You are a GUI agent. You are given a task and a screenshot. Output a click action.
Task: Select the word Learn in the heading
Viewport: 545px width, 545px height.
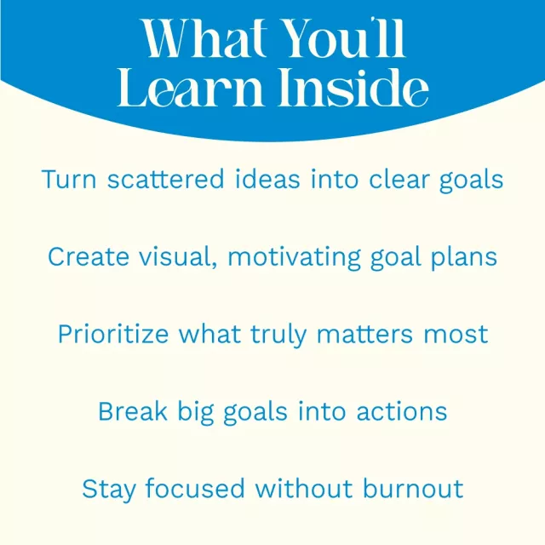click(x=190, y=87)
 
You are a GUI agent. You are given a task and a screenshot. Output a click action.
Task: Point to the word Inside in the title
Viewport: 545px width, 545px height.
click(x=353, y=87)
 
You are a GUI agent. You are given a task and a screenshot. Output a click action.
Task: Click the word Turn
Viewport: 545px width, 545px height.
click(x=69, y=180)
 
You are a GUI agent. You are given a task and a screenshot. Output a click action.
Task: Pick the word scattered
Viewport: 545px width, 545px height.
click(x=166, y=180)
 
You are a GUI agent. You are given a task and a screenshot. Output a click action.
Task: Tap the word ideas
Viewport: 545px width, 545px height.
click(x=267, y=180)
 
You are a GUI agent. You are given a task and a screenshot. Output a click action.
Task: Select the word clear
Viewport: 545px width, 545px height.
click(x=399, y=180)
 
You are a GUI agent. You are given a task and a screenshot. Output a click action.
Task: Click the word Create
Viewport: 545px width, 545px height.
click(x=89, y=257)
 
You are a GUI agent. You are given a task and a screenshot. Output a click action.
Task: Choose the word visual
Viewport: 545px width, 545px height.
click(x=178, y=257)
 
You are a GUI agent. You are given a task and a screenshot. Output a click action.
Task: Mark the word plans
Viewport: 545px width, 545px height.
click(x=464, y=258)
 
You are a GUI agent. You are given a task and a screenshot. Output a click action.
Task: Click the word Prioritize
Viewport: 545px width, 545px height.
click(x=113, y=335)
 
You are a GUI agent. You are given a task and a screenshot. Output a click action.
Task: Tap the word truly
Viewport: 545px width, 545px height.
click(x=278, y=335)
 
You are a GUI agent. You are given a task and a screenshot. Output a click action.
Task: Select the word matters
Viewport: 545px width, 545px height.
click(x=364, y=335)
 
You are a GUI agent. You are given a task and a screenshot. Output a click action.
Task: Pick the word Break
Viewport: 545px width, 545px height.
click(x=133, y=411)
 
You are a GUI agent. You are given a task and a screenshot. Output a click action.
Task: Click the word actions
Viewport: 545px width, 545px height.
click(x=402, y=411)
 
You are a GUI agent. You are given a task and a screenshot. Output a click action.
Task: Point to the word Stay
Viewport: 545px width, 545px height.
click(x=108, y=490)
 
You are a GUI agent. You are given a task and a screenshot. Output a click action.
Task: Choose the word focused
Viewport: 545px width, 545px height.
click(x=195, y=488)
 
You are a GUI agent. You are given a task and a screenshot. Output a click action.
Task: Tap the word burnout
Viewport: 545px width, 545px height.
click(x=413, y=488)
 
